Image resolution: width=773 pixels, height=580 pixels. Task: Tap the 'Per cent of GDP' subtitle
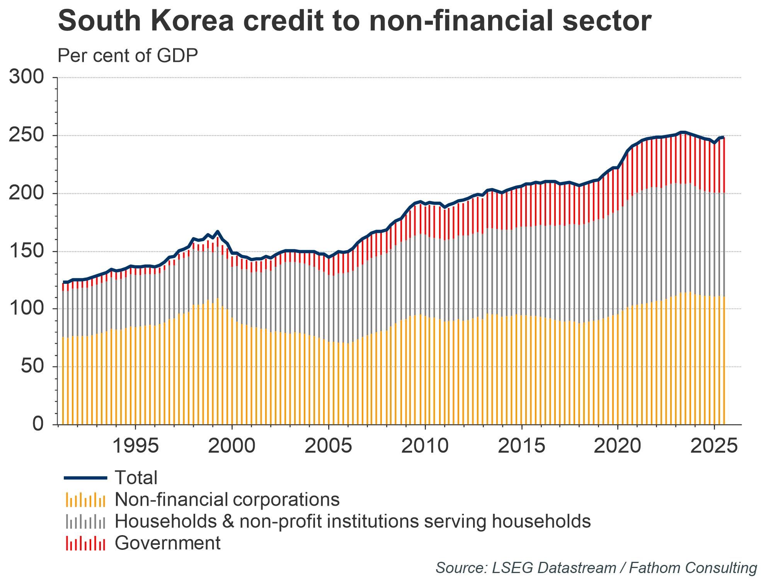pos(128,56)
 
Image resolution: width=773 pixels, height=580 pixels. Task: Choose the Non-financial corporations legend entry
pos(227,500)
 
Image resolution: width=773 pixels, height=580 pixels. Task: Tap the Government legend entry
pos(167,543)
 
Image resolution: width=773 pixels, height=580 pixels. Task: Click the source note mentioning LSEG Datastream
pos(596,568)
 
